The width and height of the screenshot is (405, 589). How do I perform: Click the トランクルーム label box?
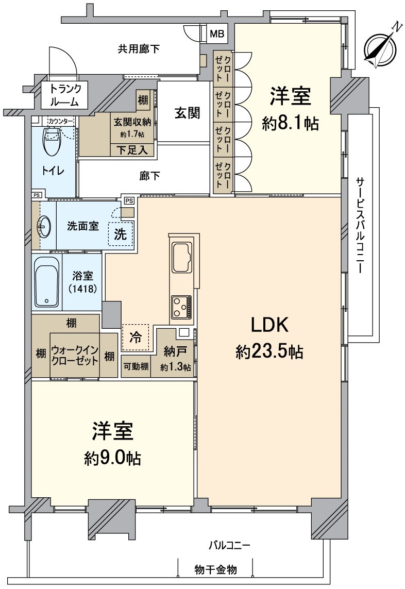[64, 95]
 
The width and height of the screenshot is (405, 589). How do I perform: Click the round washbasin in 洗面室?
[43, 225]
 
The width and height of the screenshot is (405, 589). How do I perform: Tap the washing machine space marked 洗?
[120, 234]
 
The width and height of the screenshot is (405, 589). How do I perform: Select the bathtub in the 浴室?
[47, 282]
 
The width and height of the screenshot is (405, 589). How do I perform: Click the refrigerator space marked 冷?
[136, 338]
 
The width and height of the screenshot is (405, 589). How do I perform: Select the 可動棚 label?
[136, 367]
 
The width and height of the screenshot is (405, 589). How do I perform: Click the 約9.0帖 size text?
[113, 458]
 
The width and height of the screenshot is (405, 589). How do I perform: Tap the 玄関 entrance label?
[187, 113]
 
